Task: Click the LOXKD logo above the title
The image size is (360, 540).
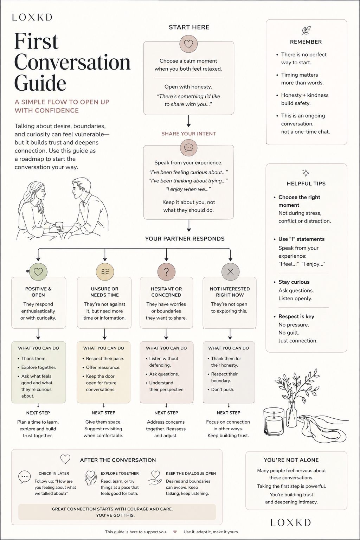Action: click(32, 17)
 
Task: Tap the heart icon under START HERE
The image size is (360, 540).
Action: click(188, 44)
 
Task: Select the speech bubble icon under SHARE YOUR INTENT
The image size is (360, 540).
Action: click(188, 147)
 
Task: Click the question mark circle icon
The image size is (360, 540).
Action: click(166, 272)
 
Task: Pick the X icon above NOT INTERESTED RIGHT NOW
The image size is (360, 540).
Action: click(230, 272)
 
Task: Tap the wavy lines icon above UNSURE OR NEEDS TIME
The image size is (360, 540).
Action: click(105, 272)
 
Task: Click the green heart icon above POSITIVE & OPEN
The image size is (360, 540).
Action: click(38, 272)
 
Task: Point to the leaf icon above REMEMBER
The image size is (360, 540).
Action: click(306, 31)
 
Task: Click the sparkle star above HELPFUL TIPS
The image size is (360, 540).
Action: click(306, 173)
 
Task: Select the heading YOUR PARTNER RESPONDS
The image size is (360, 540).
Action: click(185, 239)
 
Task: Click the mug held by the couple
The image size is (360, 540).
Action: click(59, 226)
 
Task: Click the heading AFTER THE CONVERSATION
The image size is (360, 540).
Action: click(118, 460)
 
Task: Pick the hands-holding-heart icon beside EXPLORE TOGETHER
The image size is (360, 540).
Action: click(90, 477)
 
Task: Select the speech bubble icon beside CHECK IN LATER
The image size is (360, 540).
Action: click(24, 477)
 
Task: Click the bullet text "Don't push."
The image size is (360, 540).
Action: click(223, 389)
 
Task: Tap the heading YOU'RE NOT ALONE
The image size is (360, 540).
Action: click(291, 460)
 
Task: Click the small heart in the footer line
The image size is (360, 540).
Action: click(175, 532)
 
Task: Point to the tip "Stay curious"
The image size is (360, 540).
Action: click(294, 282)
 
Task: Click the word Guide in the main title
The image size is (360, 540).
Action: click(40, 83)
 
